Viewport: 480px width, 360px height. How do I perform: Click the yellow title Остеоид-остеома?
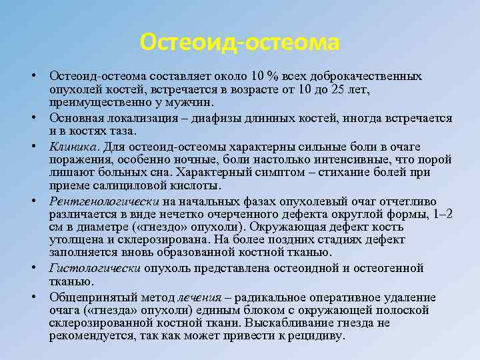[x=240, y=43]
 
